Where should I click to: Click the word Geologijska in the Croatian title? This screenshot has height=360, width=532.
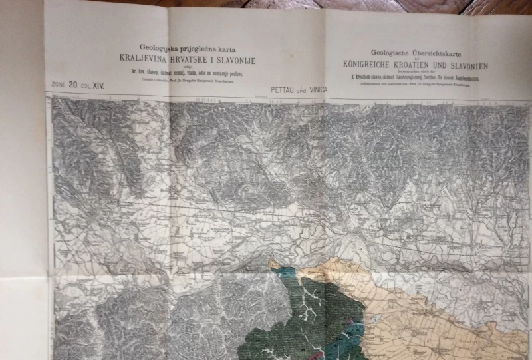click(155, 48)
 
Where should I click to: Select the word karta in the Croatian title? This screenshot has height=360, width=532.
click(220, 48)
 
